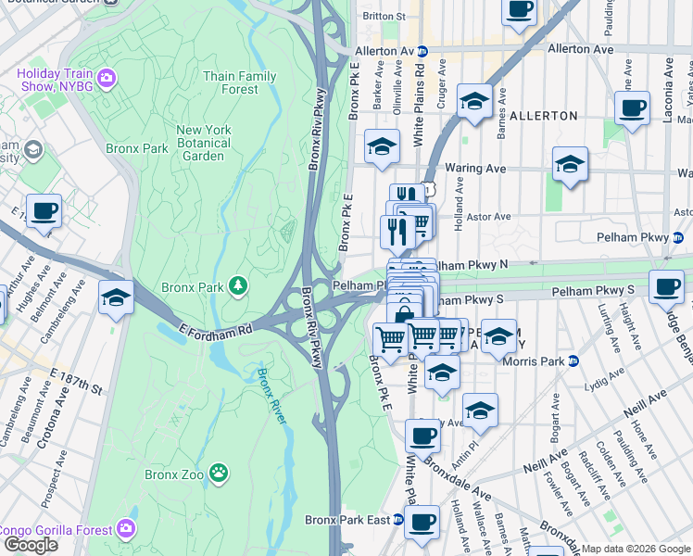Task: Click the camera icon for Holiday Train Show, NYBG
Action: (x=107, y=77)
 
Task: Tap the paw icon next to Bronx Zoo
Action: (x=219, y=474)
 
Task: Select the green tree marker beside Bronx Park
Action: (x=239, y=285)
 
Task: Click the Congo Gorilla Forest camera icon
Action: (x=126, y=529)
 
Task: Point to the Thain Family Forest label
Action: (x=240, y=82)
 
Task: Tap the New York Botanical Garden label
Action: (x=203, y=143)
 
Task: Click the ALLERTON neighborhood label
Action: (x=542, y=116)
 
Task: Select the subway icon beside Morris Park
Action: (x=573, y=360)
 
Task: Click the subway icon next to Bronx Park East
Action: (x=398, y=520)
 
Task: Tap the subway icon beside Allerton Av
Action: (x=422, y=50)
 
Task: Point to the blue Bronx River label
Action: (x=272, y=396)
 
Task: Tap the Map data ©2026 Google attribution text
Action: (x=635, y=549)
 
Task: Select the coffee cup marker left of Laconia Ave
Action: (x=632, y=107)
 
